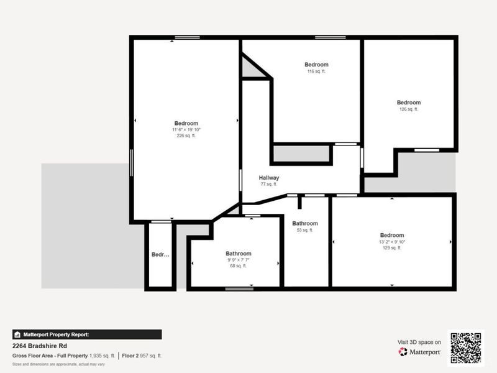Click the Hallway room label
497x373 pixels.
coord(269,178)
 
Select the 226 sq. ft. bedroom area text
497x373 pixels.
coord(186,136)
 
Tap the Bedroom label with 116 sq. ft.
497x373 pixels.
coord(316,65)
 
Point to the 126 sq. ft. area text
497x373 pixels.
coord(409,109)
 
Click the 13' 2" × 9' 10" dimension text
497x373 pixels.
coord(392,241)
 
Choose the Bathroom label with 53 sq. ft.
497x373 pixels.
coord(305,223)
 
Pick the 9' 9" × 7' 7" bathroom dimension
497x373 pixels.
coord(238,260)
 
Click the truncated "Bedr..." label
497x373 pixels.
coord(160,254)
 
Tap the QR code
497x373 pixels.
coord(465,348)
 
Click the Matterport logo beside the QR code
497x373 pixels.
coord(420,352)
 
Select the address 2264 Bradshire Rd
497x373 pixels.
coord(40,346)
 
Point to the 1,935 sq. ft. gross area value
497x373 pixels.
coord(102,356)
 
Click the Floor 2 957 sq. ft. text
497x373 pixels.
coord(142,356)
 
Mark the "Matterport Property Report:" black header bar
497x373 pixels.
coord(87,334)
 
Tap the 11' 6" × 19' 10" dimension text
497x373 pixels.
coord(186,129)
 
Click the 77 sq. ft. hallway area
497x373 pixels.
coord(269,184)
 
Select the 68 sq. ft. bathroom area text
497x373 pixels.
coord(238,266)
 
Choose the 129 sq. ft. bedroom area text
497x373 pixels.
coord(392,247)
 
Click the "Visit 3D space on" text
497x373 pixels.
coord(419,342)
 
